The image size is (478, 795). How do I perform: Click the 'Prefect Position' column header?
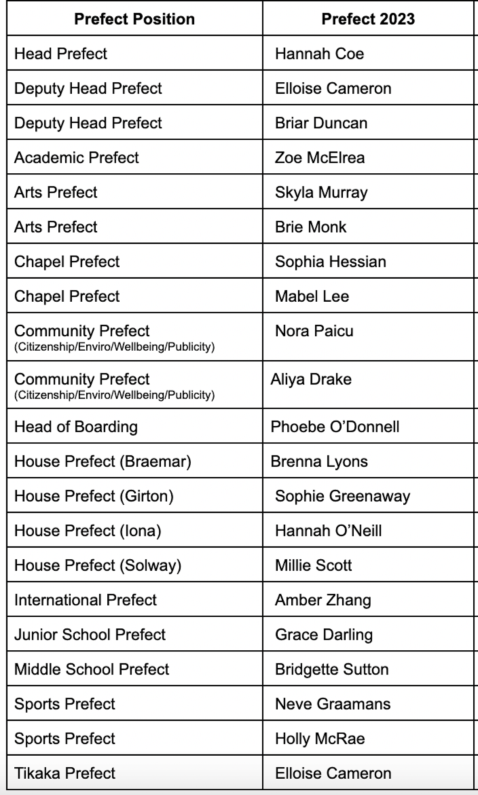tap(134, 19)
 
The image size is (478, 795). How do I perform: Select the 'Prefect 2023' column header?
tap(368, 19)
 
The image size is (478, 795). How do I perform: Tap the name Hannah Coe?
tap(319, 54)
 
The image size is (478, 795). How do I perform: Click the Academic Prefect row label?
tap(77, 158)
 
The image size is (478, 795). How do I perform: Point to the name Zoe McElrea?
tap(320, 158)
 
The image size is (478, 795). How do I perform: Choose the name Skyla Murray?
tap(321, 192)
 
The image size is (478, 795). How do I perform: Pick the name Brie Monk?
tap(311, 227)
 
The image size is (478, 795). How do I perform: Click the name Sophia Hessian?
tap(331, 262)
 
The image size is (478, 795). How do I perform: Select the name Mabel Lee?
tap(312, 296)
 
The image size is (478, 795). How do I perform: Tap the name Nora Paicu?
tap(314, 331)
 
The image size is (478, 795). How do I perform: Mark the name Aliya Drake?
tap(311, 379)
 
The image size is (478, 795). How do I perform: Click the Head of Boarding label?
tap(76, 427)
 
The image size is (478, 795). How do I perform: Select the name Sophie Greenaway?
tap(343, 496)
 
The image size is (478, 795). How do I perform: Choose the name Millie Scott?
tap(314, 565)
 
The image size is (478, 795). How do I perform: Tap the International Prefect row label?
tap(85, 600)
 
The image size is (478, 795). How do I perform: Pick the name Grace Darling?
tap(324, 634)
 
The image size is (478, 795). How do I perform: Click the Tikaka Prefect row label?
tap(65, 773)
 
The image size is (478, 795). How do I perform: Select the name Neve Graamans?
tap(333, 704)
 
